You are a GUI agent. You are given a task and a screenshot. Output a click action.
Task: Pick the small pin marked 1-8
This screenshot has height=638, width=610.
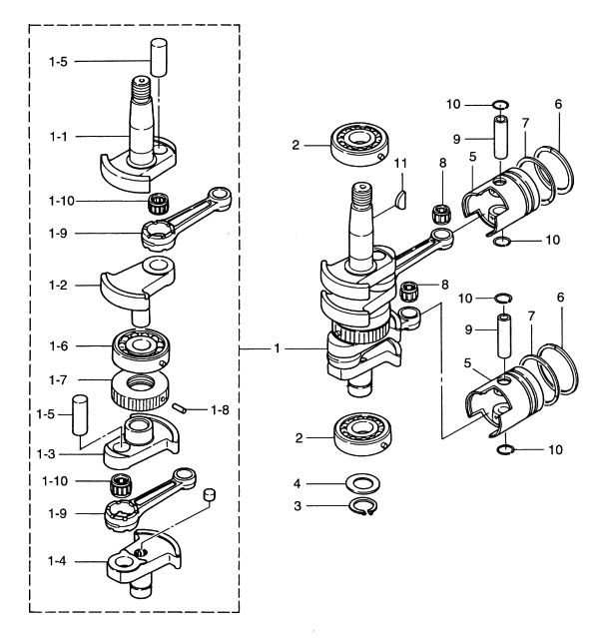[180, 406]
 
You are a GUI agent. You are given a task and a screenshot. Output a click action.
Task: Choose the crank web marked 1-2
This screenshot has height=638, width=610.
[140, 283]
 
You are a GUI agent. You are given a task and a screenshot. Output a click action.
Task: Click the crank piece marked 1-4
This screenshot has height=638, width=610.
[145, 559]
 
